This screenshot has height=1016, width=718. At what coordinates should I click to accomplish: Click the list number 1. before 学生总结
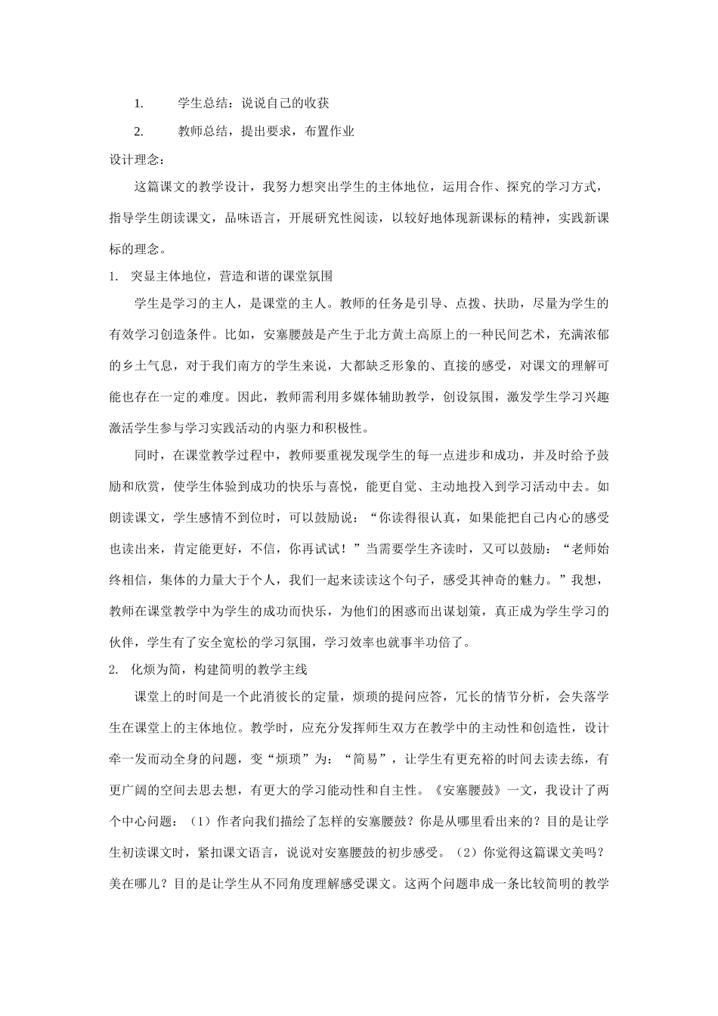pyautogui.click(x=138, y=104)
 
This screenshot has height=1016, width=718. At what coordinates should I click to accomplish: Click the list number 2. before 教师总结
pyautogui.click(x=138, y=131)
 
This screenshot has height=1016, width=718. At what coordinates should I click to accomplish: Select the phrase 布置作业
pyautogui.click(x=329, y=131)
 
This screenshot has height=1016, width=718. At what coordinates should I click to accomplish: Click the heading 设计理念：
pyautogui.click(x=135, y=159)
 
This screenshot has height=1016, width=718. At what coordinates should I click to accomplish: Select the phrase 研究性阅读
pyautogui.click(x=333, y=218)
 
